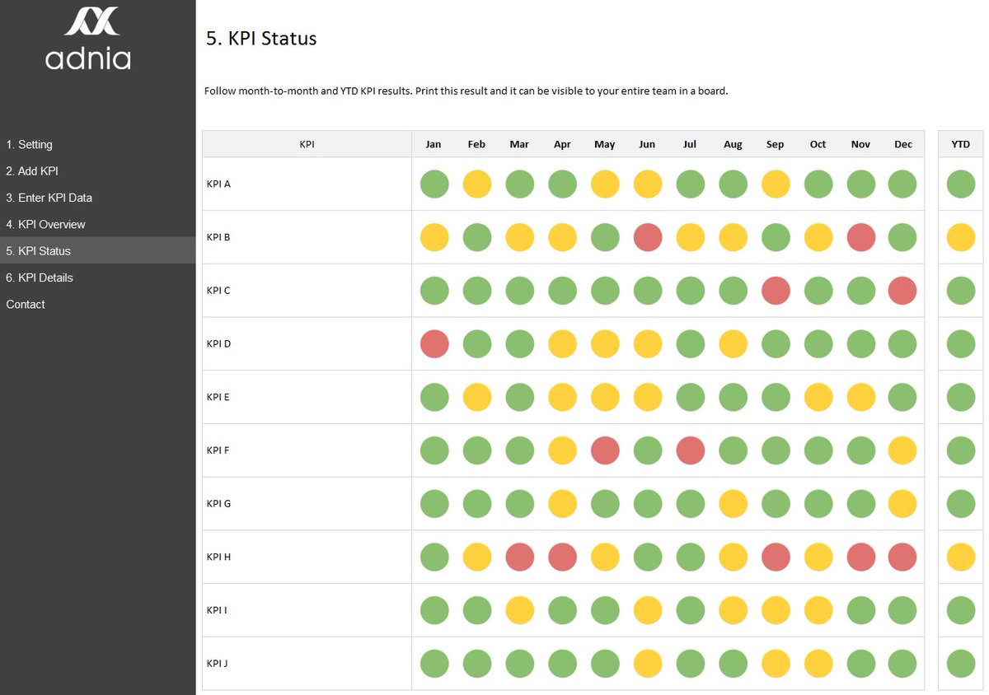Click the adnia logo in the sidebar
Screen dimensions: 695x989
[88, 39]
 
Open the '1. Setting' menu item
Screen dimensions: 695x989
[30, 144]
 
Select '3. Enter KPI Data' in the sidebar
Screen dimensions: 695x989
[49, 198]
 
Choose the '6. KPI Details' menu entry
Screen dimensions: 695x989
[40, 278]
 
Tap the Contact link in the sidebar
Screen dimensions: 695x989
[26, 304]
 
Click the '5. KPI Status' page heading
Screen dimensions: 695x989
[261, 38]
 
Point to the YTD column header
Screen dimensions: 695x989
[960, 144]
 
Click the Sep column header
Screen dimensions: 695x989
[775, 144]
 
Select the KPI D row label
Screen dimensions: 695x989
[218, 343]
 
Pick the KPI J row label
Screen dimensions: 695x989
[218, 663]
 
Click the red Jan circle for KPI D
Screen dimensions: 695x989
[434, 343]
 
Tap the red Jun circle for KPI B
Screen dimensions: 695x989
[648, 237]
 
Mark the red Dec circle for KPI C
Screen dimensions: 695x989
[903, 290]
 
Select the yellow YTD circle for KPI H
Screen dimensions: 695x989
[961, 557]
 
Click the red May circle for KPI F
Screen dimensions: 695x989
[605, 450]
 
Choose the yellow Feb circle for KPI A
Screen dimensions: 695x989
[477, 184]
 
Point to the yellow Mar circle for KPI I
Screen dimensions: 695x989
[519, 610]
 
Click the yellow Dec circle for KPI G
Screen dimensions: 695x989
[903, 503]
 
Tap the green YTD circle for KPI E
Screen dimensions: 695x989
[961, 397]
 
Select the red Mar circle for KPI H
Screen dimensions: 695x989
[519, 557]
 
